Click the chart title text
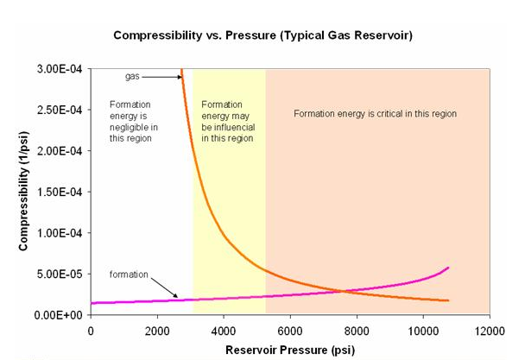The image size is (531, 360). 265,38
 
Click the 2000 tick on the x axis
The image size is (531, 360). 157,331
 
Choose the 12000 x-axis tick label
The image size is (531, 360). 490,331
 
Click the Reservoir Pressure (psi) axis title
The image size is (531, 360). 289,350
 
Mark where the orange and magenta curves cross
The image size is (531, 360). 344,290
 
